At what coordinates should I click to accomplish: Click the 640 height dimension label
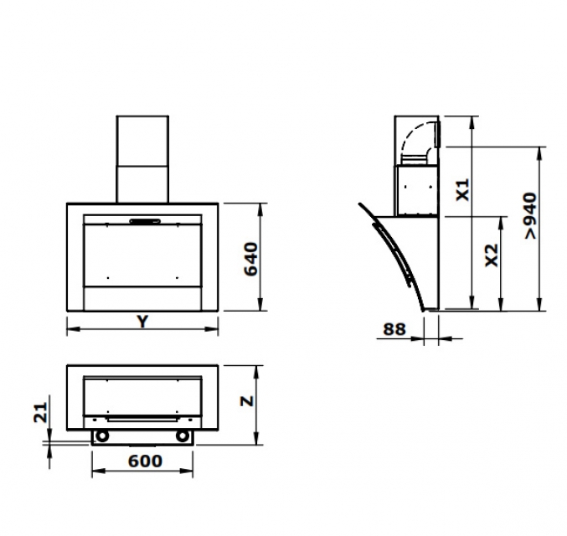coord(251,259)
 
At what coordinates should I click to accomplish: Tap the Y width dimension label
coord(143,322)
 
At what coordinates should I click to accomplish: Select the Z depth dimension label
coord(247,401)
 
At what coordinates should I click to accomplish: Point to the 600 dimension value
coord(145,461)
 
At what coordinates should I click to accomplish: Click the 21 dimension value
coord(41,412)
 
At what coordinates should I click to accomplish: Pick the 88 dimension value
coord(394,329)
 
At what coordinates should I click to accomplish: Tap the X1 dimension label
coord(462,189)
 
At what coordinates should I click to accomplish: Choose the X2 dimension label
coord(492,255)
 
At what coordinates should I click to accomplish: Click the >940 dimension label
coord(531,215)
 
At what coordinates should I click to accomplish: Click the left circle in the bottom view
coord(102,435)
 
